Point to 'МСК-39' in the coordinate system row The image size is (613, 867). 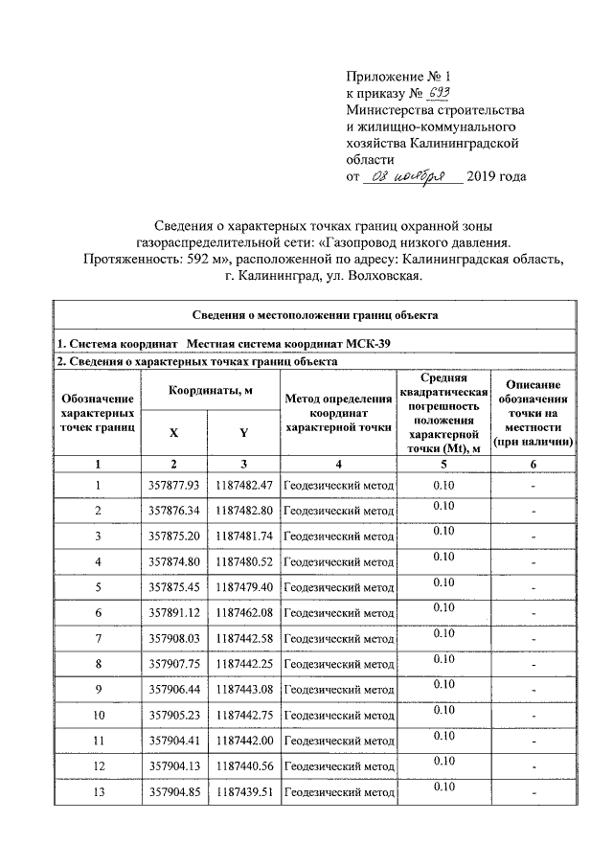[x=367, y=344]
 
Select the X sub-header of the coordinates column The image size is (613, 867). [x=173, y=432]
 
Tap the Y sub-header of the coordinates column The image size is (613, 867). [x=243, y=432]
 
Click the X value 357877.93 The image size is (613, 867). [x=173, y=486]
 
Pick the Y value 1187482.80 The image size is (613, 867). [x=244, y=511]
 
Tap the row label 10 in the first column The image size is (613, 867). [x=98, y=714]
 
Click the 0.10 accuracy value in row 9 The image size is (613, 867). [x=443, y=684]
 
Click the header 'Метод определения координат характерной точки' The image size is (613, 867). [x=339, y=413]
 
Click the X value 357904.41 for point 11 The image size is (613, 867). [x=173, y=740]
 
